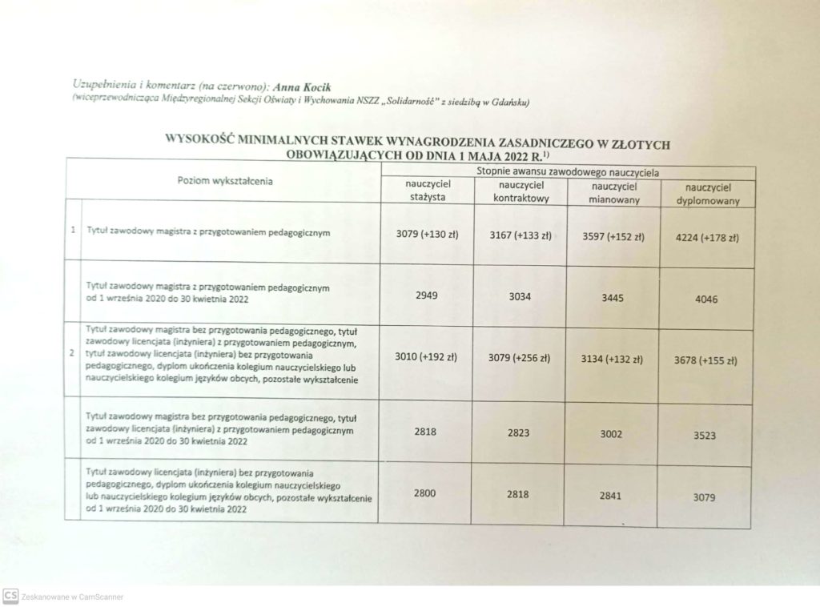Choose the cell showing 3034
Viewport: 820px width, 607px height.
click(x=521, y=297)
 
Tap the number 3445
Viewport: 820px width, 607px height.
click(x=612, y=298)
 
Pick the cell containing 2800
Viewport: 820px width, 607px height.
click(x=425, y=493)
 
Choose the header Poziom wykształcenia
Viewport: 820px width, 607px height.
click(x=225, y=180)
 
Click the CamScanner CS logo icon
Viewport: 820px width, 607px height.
click(x=10, y=596)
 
